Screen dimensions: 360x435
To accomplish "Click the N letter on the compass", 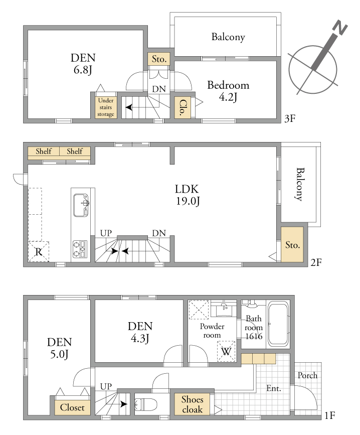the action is tap(340, 28).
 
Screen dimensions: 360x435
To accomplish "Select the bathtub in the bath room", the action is tap(278, 324).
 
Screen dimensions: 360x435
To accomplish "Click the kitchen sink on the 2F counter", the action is tap(81, 205).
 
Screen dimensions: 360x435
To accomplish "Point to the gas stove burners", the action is tap(80, 249).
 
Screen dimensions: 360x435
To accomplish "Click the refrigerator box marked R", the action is tap(39, 251).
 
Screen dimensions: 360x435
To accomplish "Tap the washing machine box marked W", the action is tap(226, 351).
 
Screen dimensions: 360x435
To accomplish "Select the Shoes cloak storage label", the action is tap(193, 404).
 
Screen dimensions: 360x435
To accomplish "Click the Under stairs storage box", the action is tap(106, 107).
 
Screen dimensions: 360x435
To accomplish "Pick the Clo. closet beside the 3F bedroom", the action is tap(183, 107).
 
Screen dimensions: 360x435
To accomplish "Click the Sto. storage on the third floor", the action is tap(159, 59).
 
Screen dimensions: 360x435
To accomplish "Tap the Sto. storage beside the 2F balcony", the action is tap(292, 244).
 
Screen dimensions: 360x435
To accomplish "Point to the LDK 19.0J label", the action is tap(188, 195).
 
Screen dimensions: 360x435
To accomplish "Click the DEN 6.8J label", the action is tap(83, 64).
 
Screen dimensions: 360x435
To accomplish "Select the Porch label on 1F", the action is tap(307, 375).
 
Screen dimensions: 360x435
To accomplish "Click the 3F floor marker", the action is tap(290, 119).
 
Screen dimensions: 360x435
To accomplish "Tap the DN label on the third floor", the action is tap(159, 89).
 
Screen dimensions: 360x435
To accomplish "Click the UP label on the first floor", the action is tap(106, 386).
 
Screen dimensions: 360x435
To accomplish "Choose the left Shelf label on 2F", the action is tap(44, 151).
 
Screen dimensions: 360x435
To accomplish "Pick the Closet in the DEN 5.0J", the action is tap(72, 407).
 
